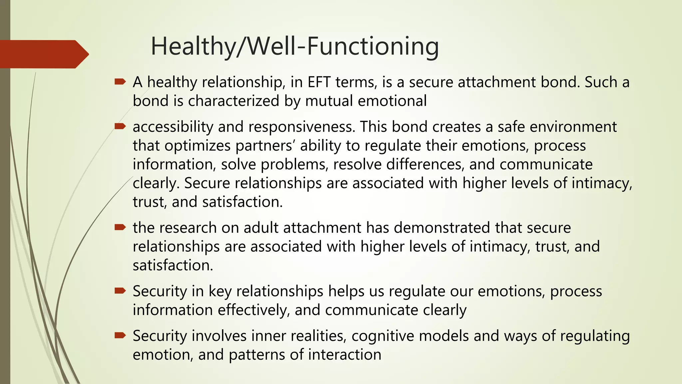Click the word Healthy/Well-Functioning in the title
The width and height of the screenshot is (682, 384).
(295, 47)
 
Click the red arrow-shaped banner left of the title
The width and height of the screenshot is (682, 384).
(43, 54)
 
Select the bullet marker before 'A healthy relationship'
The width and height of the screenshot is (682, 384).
(120, 81)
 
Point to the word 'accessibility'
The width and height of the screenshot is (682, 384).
(173, 127)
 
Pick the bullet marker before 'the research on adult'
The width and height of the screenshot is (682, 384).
(120, 227)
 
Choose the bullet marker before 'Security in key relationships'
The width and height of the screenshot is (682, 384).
(120, 291)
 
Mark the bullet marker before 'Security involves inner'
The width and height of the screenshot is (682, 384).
(120, 335)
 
